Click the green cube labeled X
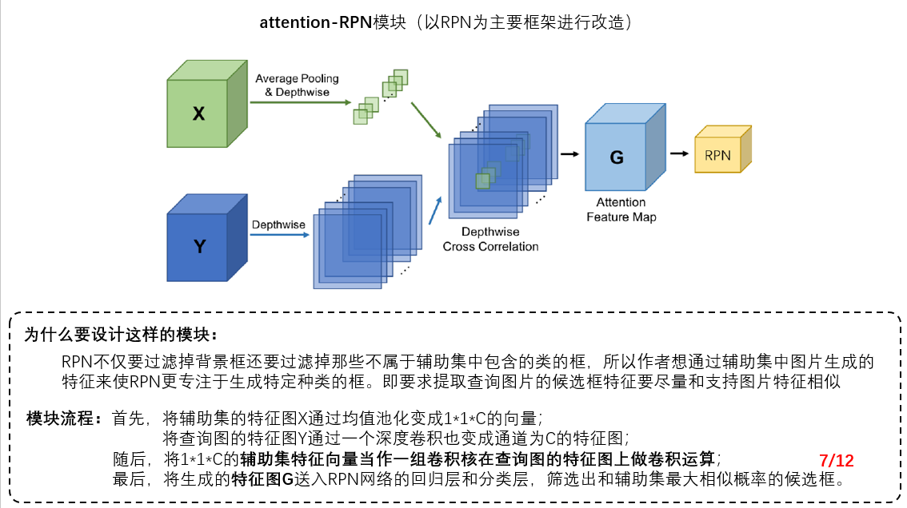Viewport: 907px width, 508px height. coord(199,113)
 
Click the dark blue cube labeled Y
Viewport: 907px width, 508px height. coord(199,246)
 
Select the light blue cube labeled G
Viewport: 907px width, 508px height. coord(616,157)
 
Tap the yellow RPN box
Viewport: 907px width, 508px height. coord(717,155)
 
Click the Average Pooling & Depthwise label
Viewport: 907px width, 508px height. coord(297,85)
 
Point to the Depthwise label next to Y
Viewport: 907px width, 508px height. coord(278,224)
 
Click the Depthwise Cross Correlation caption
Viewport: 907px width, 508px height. coord(490,240)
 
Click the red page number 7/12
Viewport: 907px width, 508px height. coord(837,460)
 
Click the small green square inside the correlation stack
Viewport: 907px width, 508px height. coord(482,181)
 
